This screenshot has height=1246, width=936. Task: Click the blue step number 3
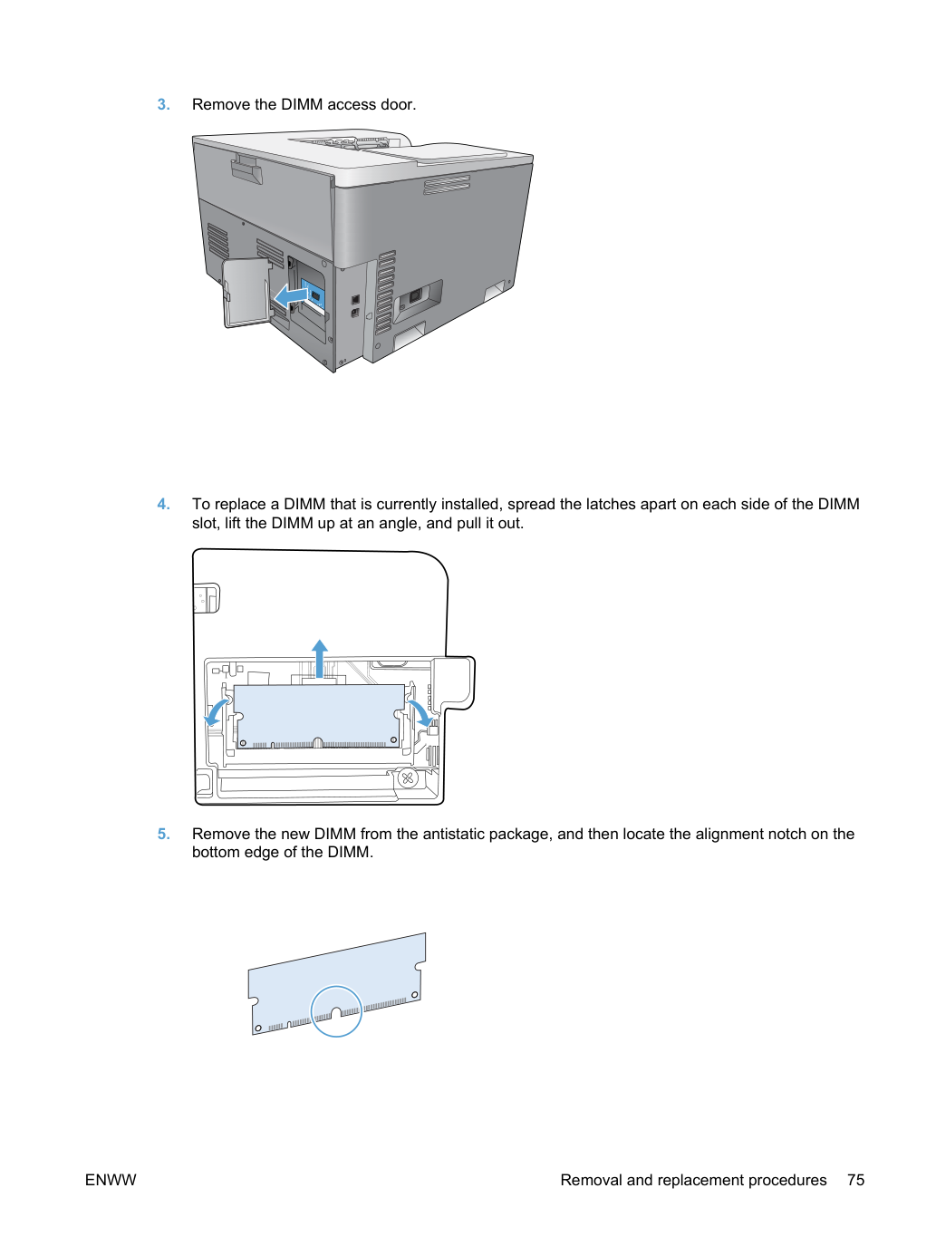point(163,104)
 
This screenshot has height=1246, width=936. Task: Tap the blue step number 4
point(163,504)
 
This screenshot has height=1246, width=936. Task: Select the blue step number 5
point(163,834)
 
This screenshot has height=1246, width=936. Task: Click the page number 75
point(855,1180)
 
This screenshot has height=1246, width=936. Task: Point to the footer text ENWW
point(111,1180)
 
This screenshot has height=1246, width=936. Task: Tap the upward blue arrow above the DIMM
point(320,659)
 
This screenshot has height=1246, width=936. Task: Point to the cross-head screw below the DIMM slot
point(407,778)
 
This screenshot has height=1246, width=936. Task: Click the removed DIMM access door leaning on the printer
point(246,293)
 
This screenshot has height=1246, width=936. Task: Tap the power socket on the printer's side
point(415,295)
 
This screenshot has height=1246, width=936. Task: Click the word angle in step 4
point(395,524)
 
